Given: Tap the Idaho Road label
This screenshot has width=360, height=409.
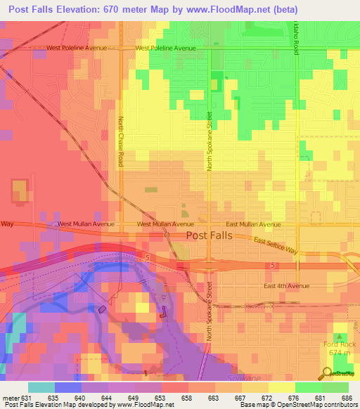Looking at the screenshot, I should click(x=296, y=36).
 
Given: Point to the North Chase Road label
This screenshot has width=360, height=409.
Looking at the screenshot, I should click(x=120, y=141).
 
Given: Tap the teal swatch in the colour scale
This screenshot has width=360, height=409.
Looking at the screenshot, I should click(x=41, y=387).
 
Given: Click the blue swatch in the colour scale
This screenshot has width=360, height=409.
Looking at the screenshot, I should click(x=67, y=387).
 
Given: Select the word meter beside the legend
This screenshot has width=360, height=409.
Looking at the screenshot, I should click(x=10, y=397).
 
